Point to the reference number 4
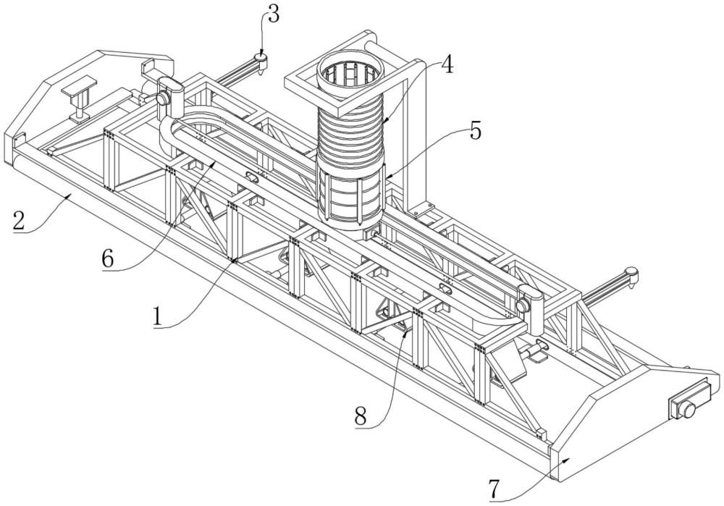pyautogui.click(x=447, y=64)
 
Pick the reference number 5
pyautogui.click(x=474, y=132)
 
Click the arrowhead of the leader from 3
pyautogui.click(x=261, y=55)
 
